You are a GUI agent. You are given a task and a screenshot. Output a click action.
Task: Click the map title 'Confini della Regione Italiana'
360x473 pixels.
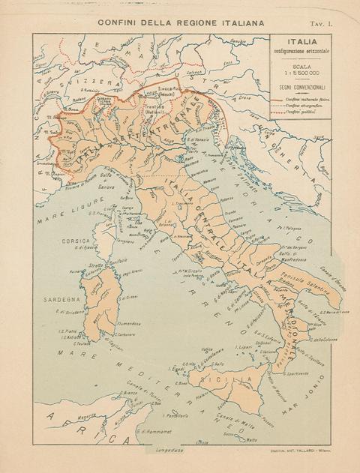click(181, 24)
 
